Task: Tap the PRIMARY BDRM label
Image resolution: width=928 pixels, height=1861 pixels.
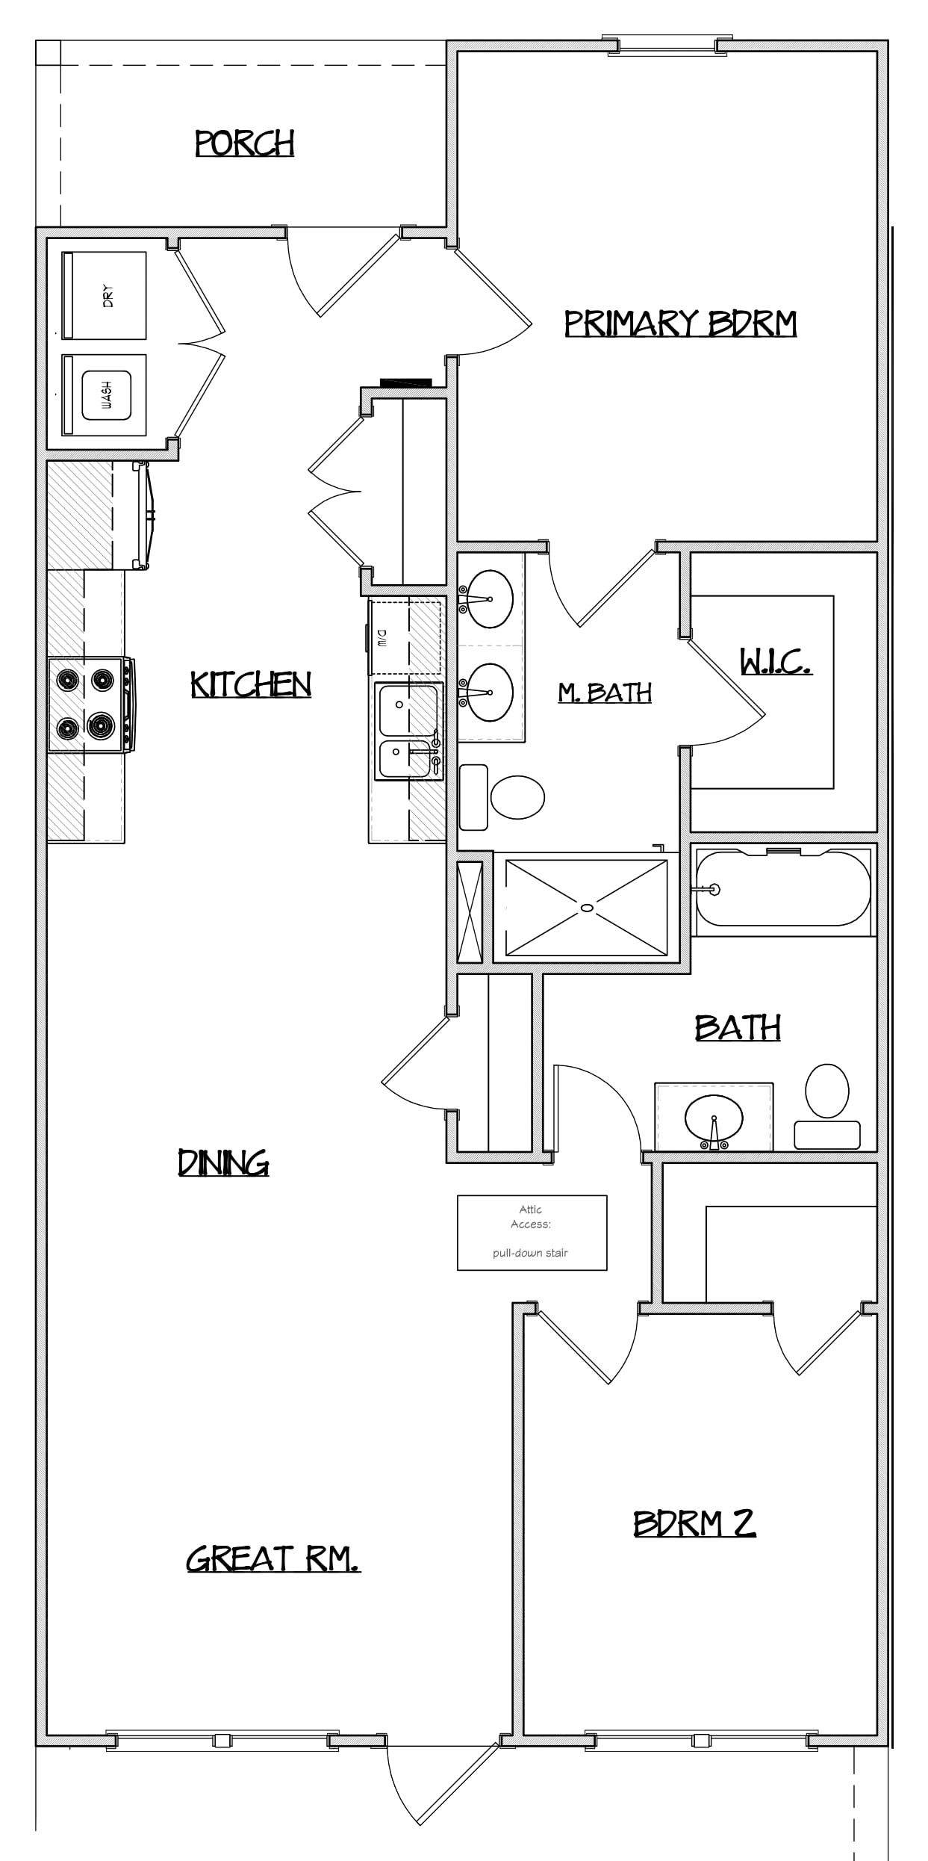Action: (680, 323)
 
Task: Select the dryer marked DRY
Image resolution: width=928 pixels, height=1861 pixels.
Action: (104, 296)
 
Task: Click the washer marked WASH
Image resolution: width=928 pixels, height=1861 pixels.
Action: (104, 394)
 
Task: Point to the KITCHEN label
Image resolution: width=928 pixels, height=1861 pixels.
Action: (251, 684)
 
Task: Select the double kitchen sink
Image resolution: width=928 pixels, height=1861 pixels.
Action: (408, 731)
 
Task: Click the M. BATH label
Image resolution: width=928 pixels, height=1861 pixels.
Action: (605, 693)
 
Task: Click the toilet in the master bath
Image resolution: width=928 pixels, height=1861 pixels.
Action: (502, 797)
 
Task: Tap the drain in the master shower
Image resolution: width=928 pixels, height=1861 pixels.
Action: (587, 908)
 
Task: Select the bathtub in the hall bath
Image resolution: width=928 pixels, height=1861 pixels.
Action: (783, 889)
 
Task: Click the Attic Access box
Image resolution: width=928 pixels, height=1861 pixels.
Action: (532, 1233)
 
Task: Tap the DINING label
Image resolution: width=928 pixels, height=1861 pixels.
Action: (223, 1162)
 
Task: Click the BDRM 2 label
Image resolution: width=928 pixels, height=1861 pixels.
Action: (694, 1523)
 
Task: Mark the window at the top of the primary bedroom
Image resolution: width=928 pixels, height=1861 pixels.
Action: (667, 45)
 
